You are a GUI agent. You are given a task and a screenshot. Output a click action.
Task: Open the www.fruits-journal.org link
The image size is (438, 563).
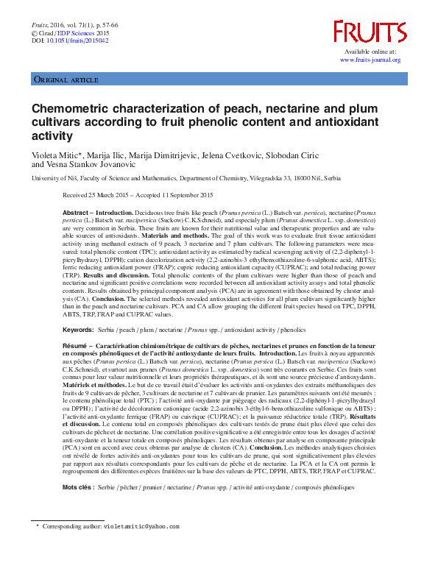pyautogui.click(x=370, y=60)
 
